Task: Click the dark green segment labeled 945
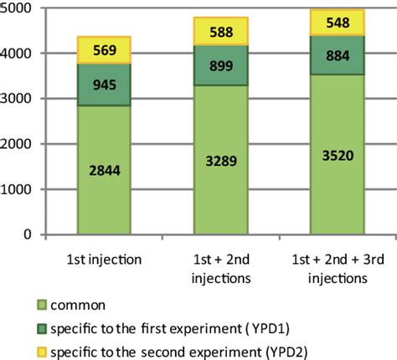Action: point(104,85)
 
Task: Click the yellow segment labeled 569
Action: point(104,50)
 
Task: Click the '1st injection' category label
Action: point(104,257)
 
